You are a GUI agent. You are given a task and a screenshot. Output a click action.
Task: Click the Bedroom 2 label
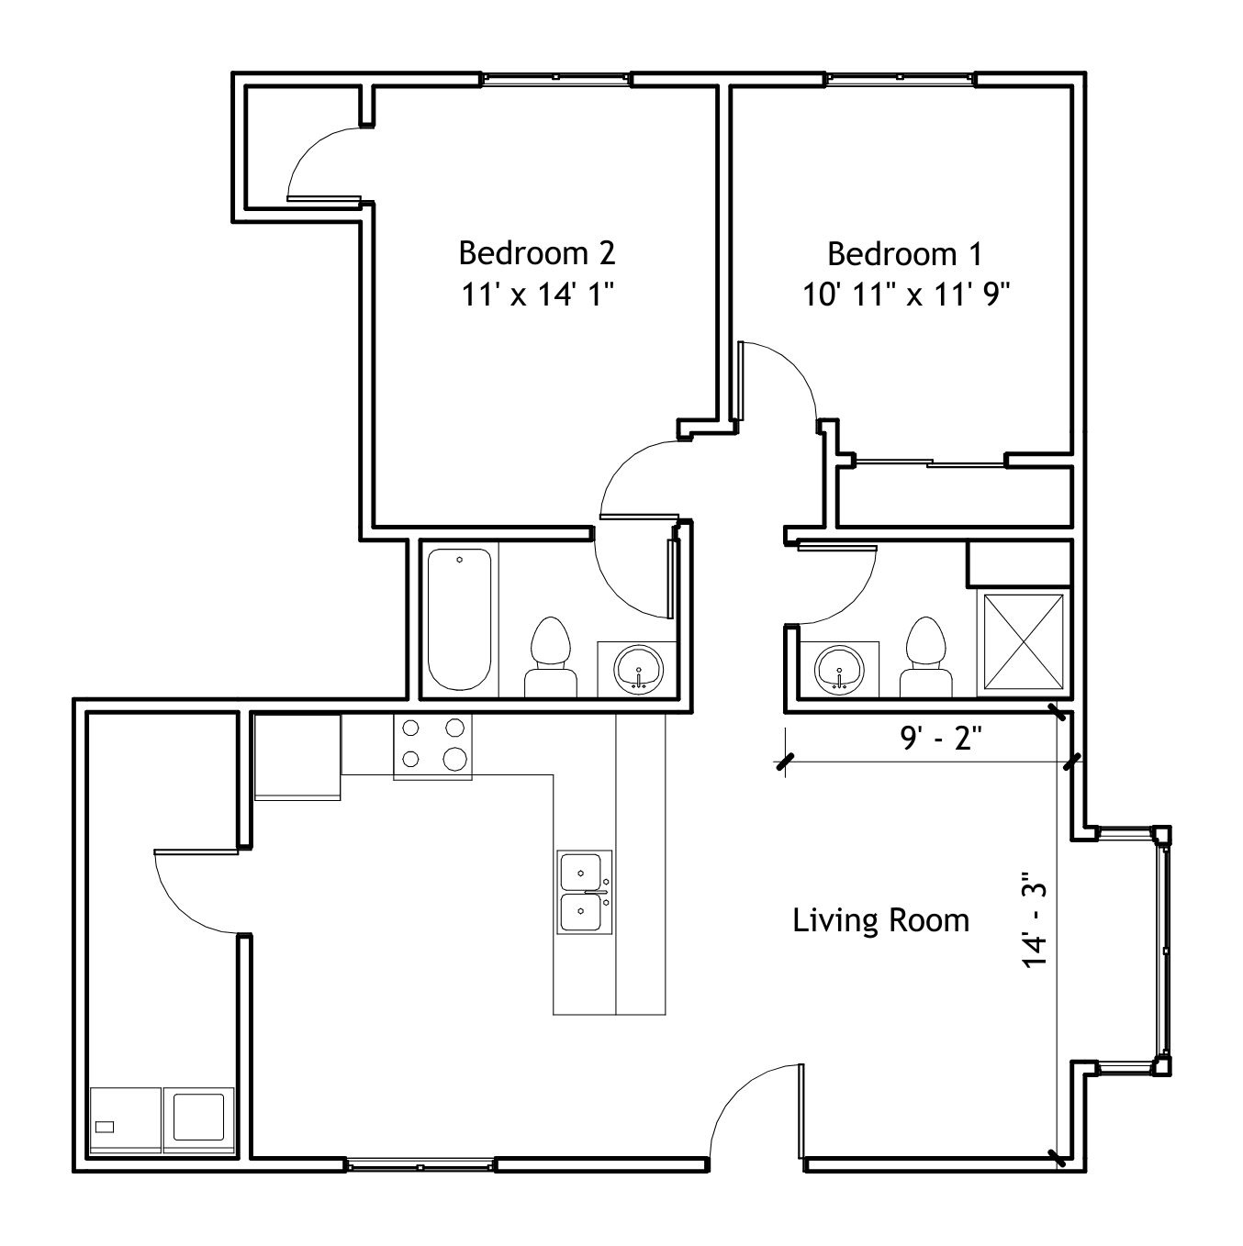tap(536, 253)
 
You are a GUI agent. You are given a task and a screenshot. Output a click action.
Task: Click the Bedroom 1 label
tap(904, 253)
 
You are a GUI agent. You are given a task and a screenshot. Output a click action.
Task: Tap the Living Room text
tap(880, 920)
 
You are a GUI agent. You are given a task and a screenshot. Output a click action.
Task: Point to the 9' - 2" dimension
tap(941, 738)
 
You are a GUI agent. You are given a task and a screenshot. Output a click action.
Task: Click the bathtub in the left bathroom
tap(459, 619)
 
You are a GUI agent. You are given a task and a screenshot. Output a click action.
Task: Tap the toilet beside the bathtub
tap(550, 657)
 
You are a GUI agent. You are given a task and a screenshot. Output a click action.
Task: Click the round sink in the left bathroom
tap(638, 669)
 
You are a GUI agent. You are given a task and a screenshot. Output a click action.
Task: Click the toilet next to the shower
tap(925, 657)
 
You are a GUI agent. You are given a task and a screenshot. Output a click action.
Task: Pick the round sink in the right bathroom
tap(839, 669)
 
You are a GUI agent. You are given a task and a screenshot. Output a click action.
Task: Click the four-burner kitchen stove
tap(433, 746)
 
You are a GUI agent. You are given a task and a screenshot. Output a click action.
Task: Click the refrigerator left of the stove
tap(297, 757)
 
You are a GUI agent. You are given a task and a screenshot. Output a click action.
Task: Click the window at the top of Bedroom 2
tap(555, 78)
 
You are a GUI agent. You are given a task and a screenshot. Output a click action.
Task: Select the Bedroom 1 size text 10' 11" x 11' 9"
tap(906, 295)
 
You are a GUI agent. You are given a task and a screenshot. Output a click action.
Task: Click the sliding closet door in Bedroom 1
tap(929, 462)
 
